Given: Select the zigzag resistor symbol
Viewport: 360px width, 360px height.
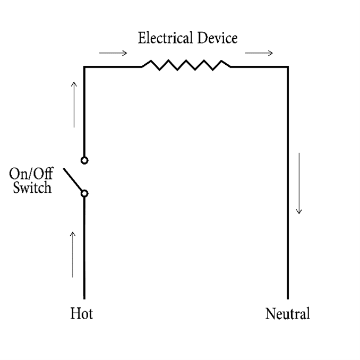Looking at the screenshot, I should click(x=186, y=65).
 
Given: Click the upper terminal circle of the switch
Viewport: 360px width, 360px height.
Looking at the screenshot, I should click(x=84, y=159).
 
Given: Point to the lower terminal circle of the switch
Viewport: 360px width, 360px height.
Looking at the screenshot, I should click(x=84, y=193).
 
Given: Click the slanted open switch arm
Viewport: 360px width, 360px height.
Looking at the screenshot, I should click(x=73, y=181).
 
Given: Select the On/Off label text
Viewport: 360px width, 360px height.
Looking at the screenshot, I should click(x=31, y=174).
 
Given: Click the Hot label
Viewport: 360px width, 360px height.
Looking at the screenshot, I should click(x=82, y=314).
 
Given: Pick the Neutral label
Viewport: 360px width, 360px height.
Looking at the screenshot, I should click(x=287, y=314).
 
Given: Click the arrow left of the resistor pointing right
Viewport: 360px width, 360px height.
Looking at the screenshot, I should click(x=113, y=53).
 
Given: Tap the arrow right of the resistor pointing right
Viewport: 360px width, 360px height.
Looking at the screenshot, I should click(x=259, y=53).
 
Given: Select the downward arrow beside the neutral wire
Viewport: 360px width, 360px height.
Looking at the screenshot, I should click(x=299, y=183).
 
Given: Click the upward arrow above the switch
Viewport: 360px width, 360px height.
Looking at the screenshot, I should click(x=74, y=105).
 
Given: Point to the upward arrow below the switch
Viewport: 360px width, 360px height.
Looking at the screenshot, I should click(x=73, y=254).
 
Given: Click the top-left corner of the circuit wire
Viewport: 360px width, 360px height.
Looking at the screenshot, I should click(x=84, y=67).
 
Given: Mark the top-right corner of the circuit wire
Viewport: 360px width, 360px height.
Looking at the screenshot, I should click(x=288, y=67).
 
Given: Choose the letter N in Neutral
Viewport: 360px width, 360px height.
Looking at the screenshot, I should click(x=270, y=314).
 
